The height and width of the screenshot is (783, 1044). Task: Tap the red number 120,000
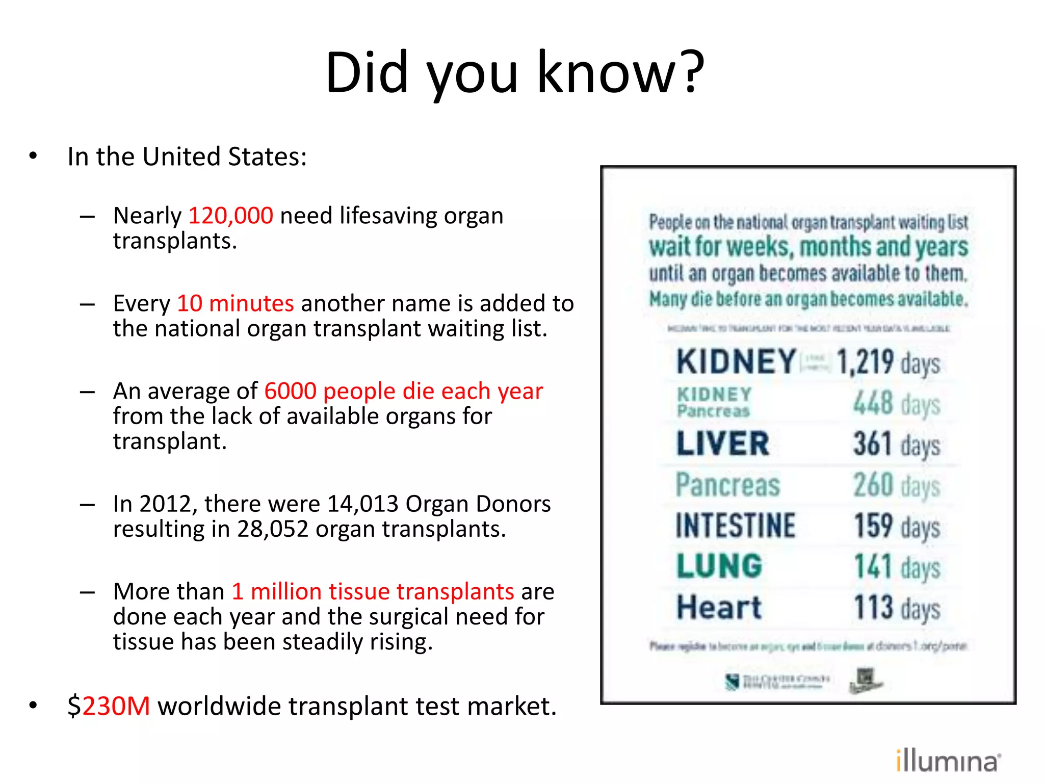(231, 216)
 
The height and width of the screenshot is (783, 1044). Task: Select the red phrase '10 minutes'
(235, 303)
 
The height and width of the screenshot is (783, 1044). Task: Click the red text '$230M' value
(109, 706)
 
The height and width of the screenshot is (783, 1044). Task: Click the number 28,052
(273, 529)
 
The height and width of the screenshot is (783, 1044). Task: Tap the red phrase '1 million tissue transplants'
(373, 591)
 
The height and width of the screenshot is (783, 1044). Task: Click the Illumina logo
(948, 761)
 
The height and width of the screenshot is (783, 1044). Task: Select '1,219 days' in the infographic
(888, 362)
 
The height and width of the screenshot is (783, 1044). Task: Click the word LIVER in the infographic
(722, 443)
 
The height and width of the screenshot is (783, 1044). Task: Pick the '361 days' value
(897, 444)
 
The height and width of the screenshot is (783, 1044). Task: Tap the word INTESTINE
(735, 526)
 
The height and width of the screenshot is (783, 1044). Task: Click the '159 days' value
(897, 526)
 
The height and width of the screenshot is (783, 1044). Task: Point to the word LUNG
(719, 566)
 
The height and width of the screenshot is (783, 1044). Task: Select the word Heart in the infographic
(719, 607)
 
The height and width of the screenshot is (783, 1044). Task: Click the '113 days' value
(897, 608)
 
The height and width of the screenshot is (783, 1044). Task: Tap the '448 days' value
(897, 403)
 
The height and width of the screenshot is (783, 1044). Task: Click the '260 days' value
(897, 485)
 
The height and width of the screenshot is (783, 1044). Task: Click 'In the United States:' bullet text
(187, 156)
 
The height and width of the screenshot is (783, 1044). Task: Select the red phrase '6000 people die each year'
(403, 391)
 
